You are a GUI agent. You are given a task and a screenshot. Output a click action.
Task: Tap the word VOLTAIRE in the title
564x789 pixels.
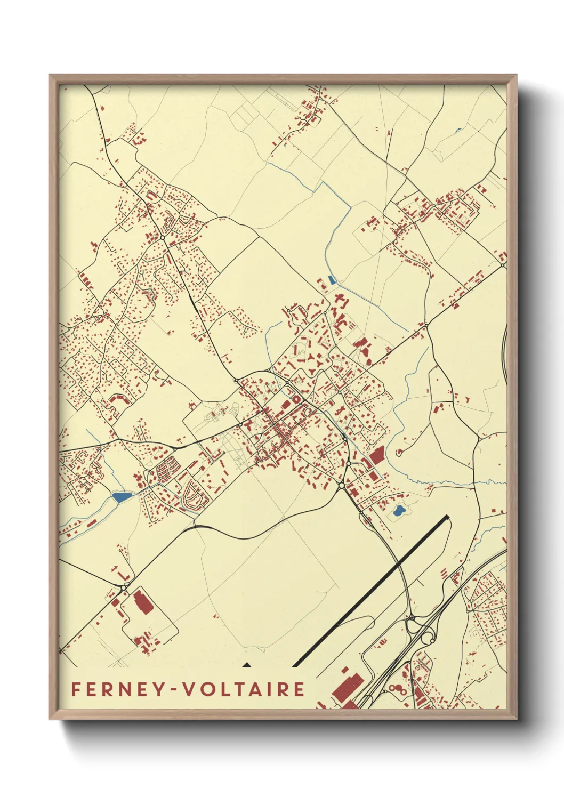pos(244,689)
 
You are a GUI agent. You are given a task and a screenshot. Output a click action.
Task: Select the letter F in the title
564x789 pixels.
pos(76,689)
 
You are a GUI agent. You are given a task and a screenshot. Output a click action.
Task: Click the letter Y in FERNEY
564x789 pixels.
pos(157,689)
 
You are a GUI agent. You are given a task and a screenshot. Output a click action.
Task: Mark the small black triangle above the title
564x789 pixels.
pos(246,664)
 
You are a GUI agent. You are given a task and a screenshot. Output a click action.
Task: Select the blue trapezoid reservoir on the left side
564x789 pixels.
pos(122,497)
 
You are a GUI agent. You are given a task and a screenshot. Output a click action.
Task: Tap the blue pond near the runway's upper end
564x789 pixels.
pos(398,513)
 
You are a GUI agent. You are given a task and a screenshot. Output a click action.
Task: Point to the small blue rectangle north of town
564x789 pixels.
pos(332,279)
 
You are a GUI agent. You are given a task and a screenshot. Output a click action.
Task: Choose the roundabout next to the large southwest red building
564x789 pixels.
pos(124,587)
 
